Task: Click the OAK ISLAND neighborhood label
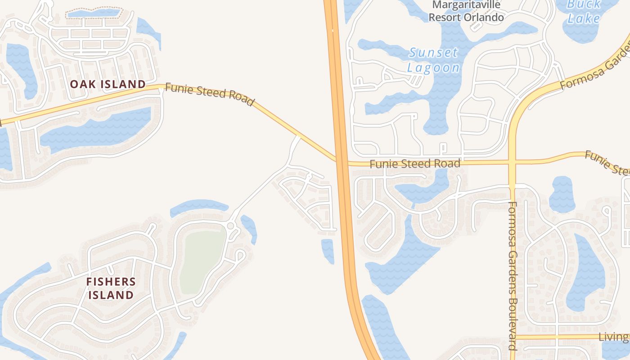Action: (x=108, y=84)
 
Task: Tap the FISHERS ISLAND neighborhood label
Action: (x=111, y=288)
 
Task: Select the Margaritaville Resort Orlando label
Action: (x=466, y=11)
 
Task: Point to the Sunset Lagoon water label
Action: (x=433, y=60)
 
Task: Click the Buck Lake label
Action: (x=584, y=12)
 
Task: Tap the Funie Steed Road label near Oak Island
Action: (x=210, y=94)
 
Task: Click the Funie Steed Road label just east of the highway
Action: (x=415, y=164)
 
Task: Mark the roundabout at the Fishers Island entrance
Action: (x=231, y=225)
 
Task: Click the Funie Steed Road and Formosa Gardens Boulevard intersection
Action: (x=512, y=162)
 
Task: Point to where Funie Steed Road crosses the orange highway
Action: (x=341, y=162)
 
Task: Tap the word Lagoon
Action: (x=433, y=68)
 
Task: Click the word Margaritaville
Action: (x=466, y=5)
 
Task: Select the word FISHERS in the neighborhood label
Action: (x=111, y=282)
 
